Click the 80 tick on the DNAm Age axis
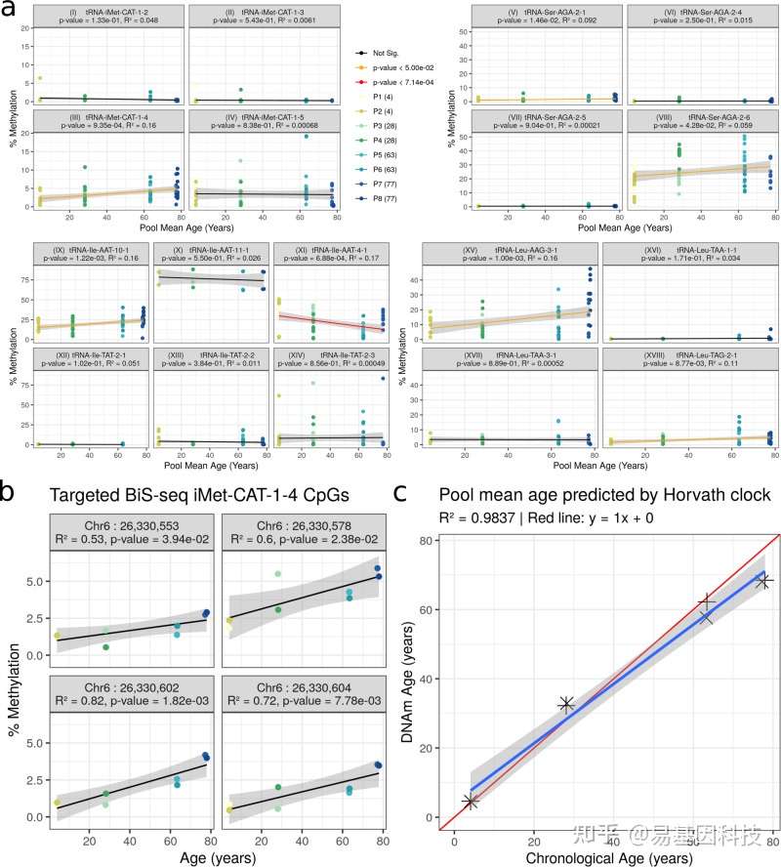click(x=429, y=541)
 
